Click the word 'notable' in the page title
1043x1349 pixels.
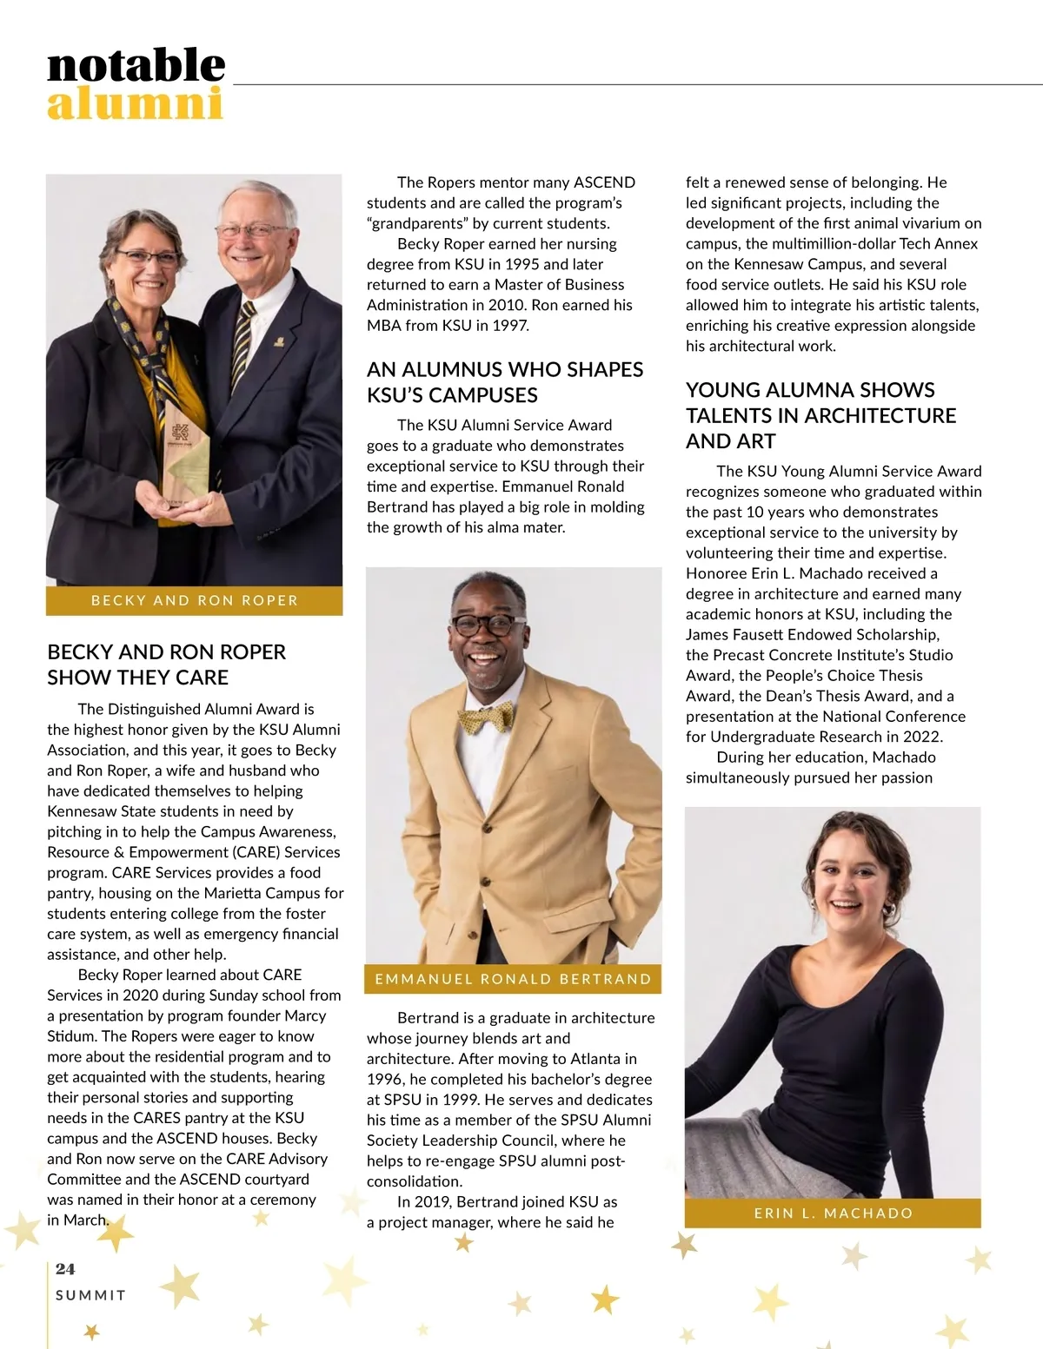(136, 66)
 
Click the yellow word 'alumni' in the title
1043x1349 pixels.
(135, 104)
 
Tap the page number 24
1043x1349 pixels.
(65, 1269)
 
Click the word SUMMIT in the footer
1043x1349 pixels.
(90, 1295)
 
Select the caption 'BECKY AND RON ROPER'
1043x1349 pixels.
(195, 600)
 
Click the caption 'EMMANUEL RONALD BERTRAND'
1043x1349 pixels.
(513, 979)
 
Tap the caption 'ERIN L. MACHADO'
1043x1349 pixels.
(833, 1213)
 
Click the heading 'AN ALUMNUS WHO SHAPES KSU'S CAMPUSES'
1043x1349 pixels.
(505, 382)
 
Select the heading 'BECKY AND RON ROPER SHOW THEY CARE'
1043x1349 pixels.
(166, 665)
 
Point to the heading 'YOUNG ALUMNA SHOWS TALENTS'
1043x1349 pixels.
(820, 415)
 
